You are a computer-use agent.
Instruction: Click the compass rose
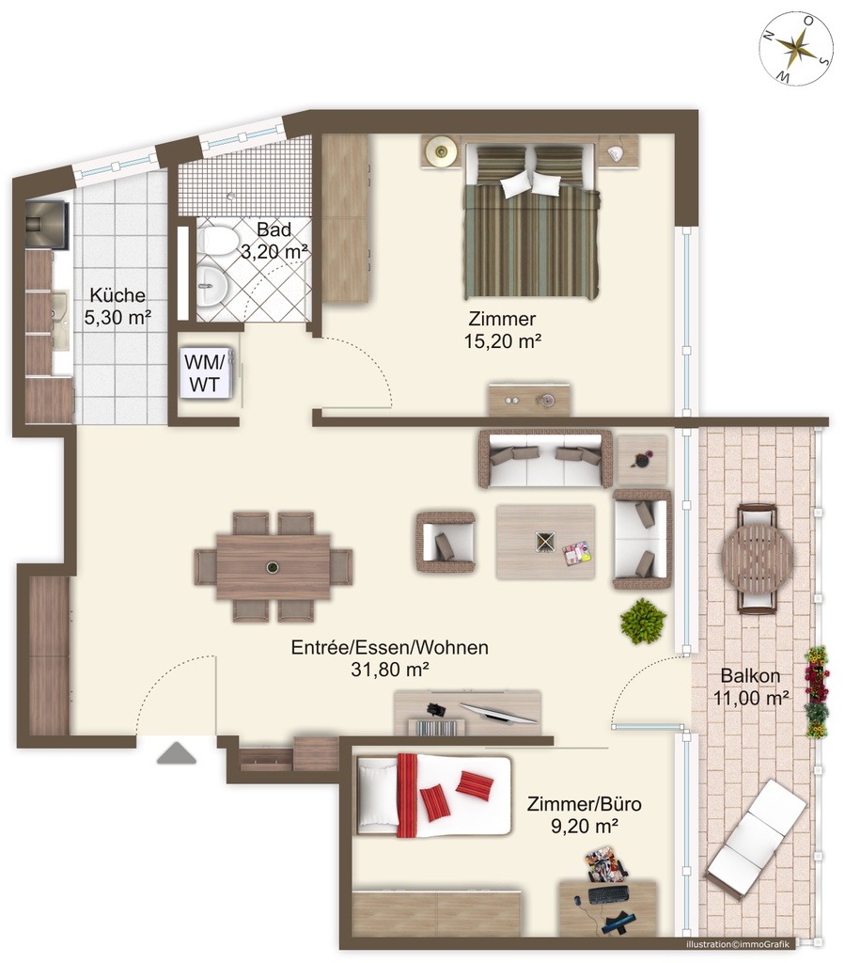(x=796, y=48)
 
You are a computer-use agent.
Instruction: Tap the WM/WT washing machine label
(x=204, y=372)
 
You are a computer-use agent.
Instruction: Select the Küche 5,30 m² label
(x=117, y=306)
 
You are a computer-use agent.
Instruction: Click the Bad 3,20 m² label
(x=274, y=240)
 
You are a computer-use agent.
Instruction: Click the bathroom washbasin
(x=213, y=286)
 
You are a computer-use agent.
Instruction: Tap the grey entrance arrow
(x=177, y=753)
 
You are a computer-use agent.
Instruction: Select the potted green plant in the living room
(x=643, y=621)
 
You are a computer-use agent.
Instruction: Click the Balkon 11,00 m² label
(x=750, y=687)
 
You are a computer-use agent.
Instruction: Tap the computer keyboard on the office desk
(x=608, y=894)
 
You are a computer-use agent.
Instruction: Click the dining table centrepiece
(x=273, y=567)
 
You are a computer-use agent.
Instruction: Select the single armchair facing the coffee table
(x=446, y=543)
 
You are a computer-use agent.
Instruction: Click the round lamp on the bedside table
(x=441, y=150)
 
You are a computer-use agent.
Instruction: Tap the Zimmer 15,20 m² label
(x=503, y=330)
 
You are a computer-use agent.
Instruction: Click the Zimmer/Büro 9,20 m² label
(x=584, y=815)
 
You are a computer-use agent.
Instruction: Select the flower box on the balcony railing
(x=816, y=691)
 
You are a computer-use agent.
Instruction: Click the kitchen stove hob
(x=47, y=225)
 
